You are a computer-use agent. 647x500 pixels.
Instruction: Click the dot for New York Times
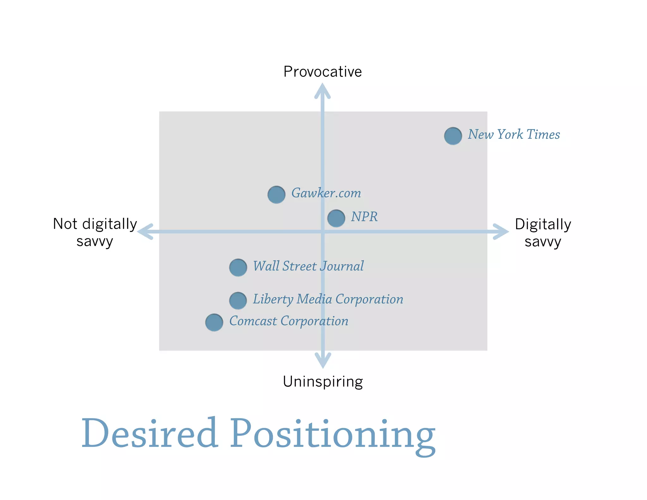click(x=453, y=136)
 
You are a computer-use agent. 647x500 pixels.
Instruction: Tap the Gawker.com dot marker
click(x=276, y=194)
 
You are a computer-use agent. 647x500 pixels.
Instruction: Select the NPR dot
click(x=336, y=218)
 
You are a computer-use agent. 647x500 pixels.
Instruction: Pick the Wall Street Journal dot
click(x=238, y=267)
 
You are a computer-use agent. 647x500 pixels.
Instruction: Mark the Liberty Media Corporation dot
click(x=238, y=300)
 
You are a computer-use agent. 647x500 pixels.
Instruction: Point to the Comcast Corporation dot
click(x=214, y=322)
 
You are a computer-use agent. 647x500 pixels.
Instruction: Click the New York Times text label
click(x=514, y=135)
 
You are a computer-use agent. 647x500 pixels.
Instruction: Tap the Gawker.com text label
click(x=326, y=193)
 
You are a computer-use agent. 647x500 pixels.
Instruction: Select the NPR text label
click(x=364, y=217)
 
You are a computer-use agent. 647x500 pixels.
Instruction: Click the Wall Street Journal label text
click(x=308, y=266)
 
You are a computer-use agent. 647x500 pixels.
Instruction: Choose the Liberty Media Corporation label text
click(x=328, y=299)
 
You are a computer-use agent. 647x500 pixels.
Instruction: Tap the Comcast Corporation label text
click(x=288, y=321)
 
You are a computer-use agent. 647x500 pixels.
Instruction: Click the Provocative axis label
click(x=322, y=72)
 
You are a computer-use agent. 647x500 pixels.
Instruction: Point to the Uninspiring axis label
click(x=323, y=381)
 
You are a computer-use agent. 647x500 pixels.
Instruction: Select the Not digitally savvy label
click(x=95, y=232)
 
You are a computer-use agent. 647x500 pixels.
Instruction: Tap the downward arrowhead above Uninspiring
click(x=323, y=360)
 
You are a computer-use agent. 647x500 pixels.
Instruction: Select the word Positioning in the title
click(x=332, y=435)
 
